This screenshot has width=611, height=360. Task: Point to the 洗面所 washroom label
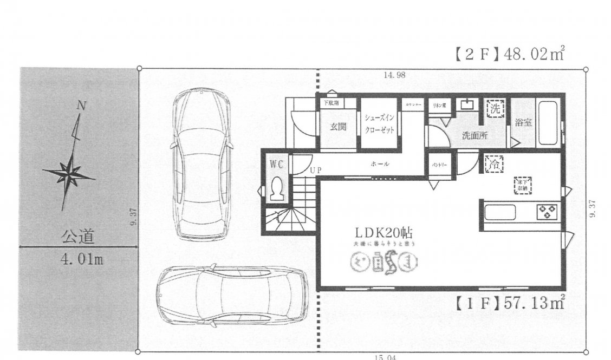[x=474, y=136]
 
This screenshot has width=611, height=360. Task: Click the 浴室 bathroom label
[x=523, y=122]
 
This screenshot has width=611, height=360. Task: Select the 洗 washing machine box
[x=495, y=108]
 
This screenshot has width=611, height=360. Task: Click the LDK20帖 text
[x=384, y=233]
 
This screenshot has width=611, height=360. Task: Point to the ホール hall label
[x=380, y=163]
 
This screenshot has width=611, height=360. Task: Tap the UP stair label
[x=316, y=170]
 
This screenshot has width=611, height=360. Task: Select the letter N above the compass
[x=81, y=106]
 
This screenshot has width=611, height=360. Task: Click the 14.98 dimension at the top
[x=394, y=75]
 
